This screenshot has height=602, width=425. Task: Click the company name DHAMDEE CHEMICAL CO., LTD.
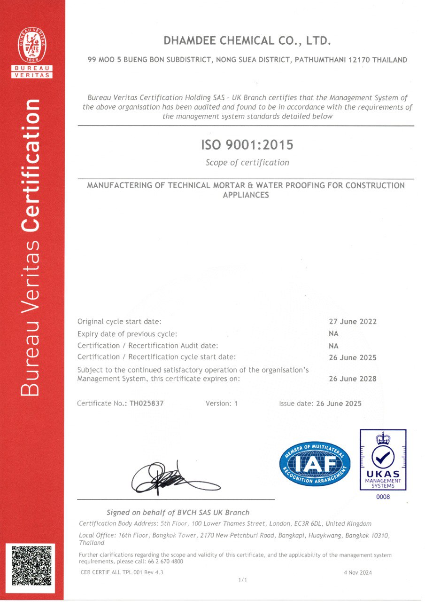coord(247,41)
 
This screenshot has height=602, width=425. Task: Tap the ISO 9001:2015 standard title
coord(247,145)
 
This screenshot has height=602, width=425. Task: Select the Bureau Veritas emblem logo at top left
coord(32,52)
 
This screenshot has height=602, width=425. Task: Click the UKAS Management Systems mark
coord(383,459)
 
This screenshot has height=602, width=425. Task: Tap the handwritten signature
coord(174,479)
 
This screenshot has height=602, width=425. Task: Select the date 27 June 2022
coord(353,322)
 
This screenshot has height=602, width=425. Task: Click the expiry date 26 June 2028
coord(353,379)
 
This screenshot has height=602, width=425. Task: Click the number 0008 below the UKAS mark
coord(383,497)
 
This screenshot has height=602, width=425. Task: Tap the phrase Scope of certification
coord(247,163)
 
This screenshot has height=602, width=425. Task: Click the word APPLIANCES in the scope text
coord(246,195)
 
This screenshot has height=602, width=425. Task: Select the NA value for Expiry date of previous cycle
coord(334,333)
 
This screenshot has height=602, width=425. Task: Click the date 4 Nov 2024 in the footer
coord(358,572)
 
